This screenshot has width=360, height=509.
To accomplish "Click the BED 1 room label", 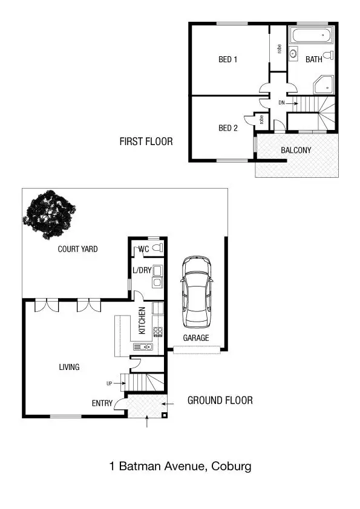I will pos(227,59).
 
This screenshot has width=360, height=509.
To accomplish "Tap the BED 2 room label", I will pos(227,128).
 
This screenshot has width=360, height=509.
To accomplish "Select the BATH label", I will pos(313,59).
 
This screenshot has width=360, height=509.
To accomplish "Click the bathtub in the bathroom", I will pos(311,35).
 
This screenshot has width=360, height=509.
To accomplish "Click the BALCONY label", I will pos(296,150).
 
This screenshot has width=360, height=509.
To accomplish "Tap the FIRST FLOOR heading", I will pos(146,142).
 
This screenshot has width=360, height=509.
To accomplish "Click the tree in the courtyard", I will pos(50,215).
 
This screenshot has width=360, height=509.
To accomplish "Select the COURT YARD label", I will pos(77,249).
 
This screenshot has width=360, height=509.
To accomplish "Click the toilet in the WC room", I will pos(157,248).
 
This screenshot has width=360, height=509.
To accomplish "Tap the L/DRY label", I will pos(142,270).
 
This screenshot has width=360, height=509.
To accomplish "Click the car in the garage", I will pos(197,291).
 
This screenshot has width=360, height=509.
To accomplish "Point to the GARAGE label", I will pos(196,338).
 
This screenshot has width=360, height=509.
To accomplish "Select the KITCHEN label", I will pos(142,320).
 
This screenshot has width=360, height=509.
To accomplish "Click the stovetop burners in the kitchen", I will pos(158,331).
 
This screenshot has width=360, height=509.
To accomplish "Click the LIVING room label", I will pos(69,367).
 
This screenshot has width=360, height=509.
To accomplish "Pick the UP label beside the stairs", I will pos(109,383).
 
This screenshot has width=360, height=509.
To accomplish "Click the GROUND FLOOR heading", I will pos(220,400).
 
